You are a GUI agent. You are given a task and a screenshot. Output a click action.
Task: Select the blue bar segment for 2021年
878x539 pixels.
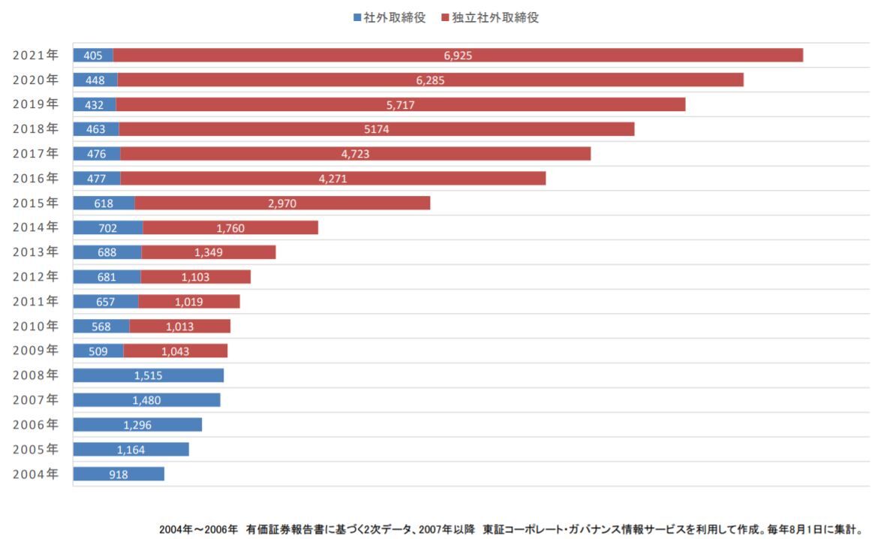click(93, 55)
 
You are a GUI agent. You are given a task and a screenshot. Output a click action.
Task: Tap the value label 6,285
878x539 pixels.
click(430, 80)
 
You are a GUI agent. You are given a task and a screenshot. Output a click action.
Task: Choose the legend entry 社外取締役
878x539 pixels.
click(389, 17)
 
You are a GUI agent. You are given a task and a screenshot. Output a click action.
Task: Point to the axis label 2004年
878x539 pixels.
click(35, 474)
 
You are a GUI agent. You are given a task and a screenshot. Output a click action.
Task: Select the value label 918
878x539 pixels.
click(119, 474)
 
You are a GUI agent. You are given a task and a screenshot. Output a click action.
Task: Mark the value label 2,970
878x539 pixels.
click(282, 203)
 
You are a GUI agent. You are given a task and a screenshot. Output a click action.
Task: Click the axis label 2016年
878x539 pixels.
click(35, 178)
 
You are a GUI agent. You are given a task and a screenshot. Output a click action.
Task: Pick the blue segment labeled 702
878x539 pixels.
click(108, 227)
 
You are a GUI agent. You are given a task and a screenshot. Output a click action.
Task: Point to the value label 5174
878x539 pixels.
click(377, 129)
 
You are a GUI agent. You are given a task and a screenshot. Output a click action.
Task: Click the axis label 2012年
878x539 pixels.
click(35, 276)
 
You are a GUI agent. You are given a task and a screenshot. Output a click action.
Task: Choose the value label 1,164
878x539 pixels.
click(131, 450)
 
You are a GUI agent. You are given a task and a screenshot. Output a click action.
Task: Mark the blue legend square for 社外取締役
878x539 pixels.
click(357, 17)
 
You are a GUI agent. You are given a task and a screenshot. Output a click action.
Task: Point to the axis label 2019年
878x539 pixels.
click(35, 104)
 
